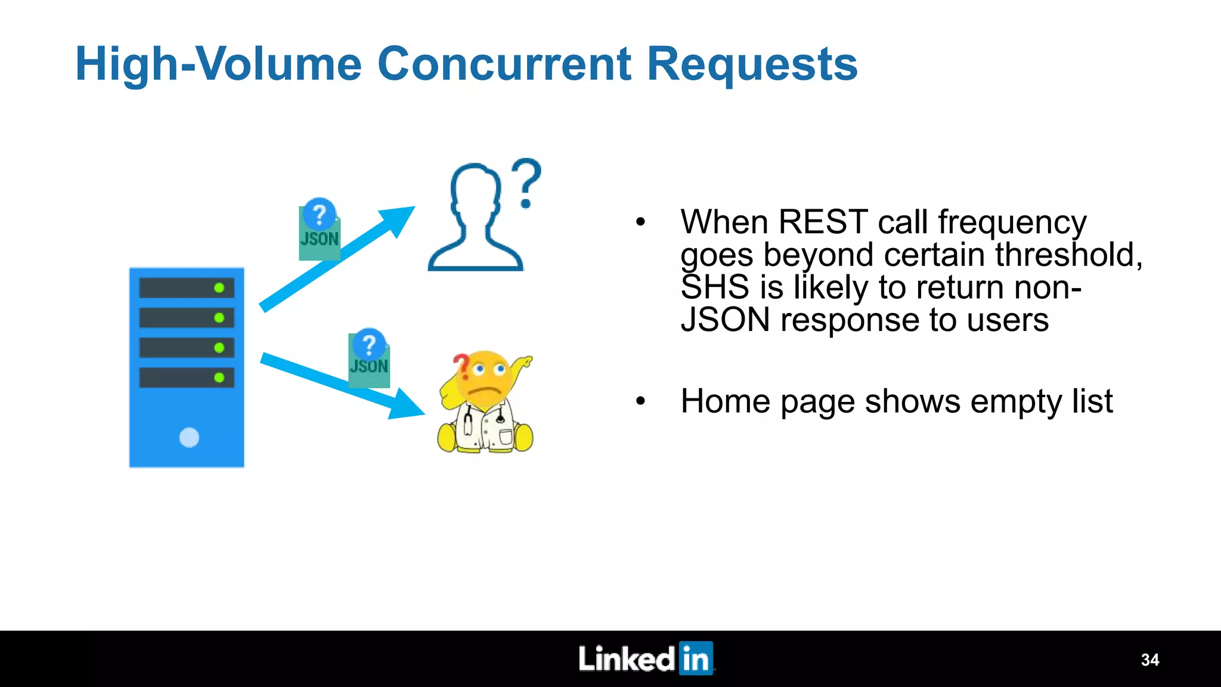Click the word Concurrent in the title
[x=504, y=64]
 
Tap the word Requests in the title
[x=752, y=64]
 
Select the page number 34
[x=1149, y=660]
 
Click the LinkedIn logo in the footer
[x=646, y=658]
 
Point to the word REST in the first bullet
[x=823, y=222]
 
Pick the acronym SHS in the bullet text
[x=714, y=287]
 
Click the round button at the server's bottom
[x=189, y=437]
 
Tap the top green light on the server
[x=219, y=288]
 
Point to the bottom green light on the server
[x=219, y=377]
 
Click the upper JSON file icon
[x=320, y=231]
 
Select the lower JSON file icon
[x=369, y=360]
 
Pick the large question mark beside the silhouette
[x=526, y=182]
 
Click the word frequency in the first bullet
[x=1012, y=223]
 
